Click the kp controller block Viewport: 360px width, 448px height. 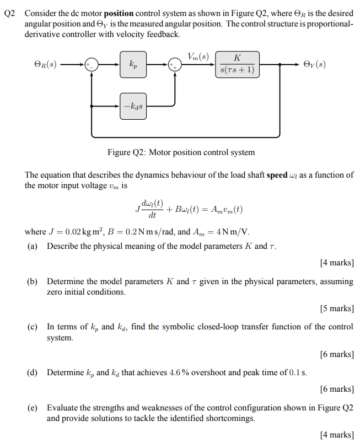[134, 65]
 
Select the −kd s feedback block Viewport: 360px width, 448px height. [134, 104]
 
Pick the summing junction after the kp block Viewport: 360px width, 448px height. [175, 65]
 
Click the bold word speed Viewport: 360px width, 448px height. [277, 175]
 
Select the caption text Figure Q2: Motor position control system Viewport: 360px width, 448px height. [181, 152]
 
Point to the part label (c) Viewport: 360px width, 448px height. [33, 327]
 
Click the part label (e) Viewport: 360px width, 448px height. [33, 408]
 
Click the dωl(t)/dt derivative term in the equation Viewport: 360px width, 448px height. [152, 209]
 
